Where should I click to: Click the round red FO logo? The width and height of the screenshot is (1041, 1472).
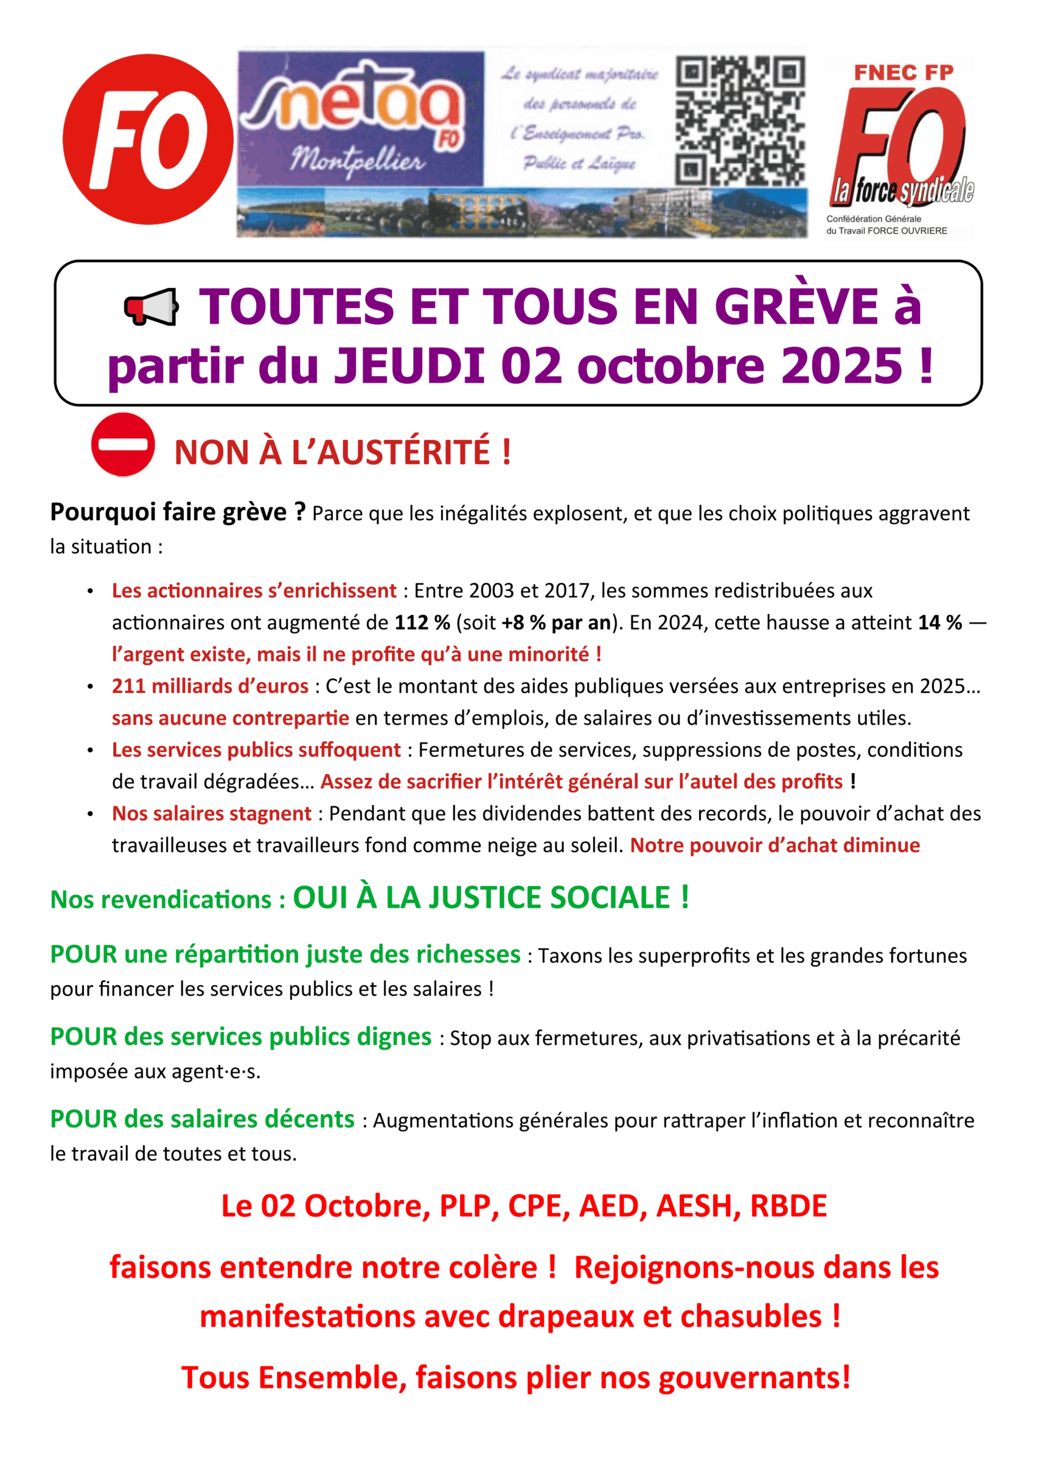click(148, 139)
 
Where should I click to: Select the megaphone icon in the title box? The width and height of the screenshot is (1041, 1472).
click(151, 307)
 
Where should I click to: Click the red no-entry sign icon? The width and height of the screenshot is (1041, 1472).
click(123, 444)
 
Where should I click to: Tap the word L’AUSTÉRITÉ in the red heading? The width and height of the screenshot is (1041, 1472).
click(392, 452)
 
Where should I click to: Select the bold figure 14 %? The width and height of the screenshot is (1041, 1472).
click(940, 623)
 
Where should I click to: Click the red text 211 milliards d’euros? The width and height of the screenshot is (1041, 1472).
click(210, 686)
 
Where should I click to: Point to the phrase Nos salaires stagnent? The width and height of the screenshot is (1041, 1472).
click(212, 814)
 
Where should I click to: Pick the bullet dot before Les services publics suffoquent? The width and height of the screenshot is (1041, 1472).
click(90, 750)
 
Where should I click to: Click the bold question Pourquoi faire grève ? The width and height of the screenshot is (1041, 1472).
click(178, 512)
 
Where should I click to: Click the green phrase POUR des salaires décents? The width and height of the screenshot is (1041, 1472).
click(202, 1120)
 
